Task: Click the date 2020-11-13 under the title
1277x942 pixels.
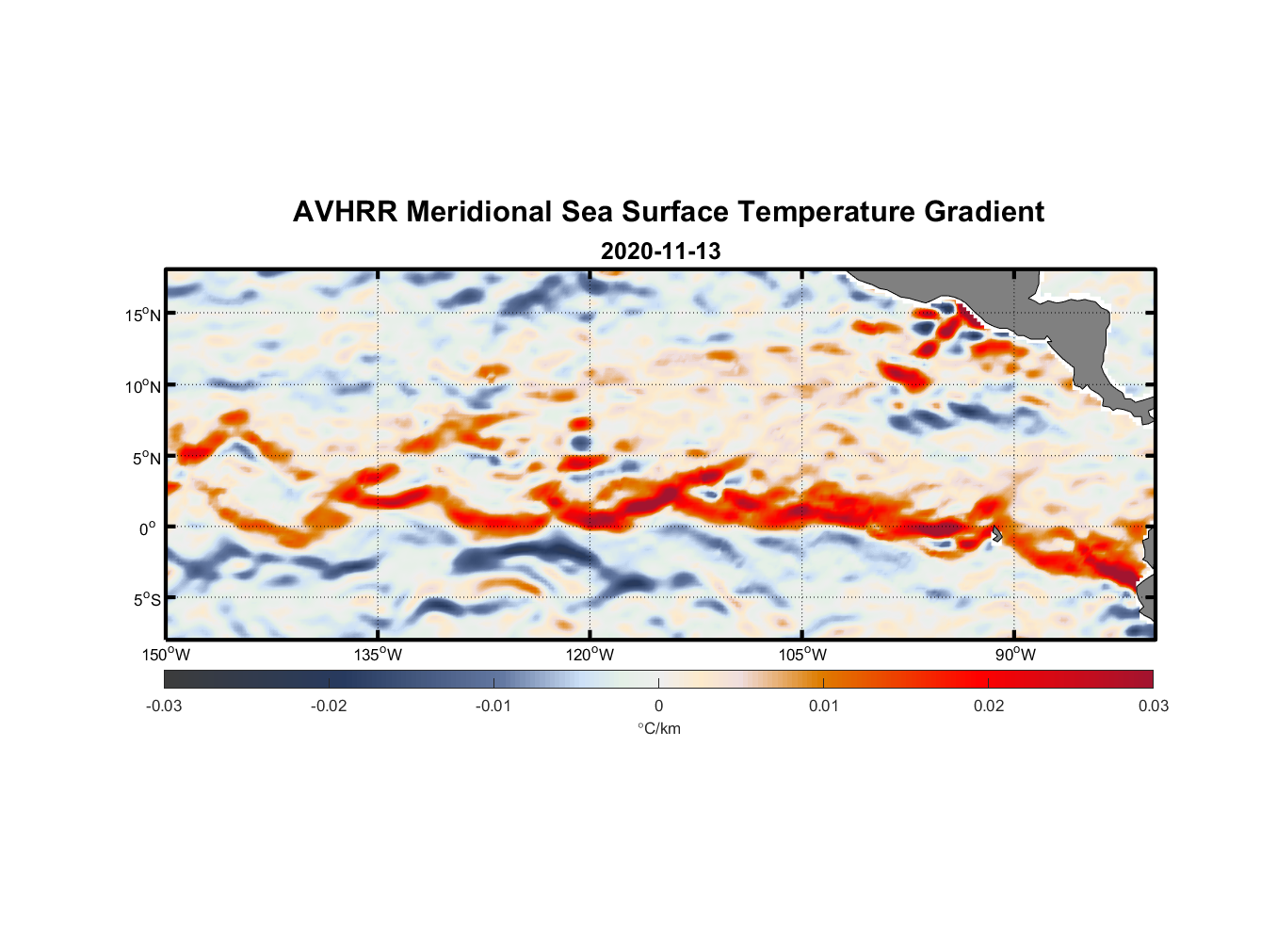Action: click(x=660, y=252)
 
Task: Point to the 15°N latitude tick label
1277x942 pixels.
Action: click(x=143, y=315)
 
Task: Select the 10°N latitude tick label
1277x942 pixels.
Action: click(x=143, y=386)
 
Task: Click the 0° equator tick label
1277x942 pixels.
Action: click(x=148, y=528)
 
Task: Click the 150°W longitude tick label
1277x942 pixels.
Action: click(x=166, y=655)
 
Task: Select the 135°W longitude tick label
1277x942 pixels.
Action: click(x=378, y=655)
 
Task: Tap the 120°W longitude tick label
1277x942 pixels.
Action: click(x=590, y=655)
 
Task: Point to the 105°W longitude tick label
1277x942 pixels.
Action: click(x=802, y=655)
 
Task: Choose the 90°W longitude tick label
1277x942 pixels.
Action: click(x=1015, y=655)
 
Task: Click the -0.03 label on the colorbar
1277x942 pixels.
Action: click(x=164, y=706)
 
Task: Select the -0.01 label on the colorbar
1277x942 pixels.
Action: click(x=493, y=706)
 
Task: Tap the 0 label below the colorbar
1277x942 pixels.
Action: click(x=658, y=706)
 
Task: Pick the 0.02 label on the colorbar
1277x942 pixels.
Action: click(x=988, y=706)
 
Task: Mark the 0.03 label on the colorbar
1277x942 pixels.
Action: click(x=1153, y=706)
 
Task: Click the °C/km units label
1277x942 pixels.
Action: click(x=658, y=728)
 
